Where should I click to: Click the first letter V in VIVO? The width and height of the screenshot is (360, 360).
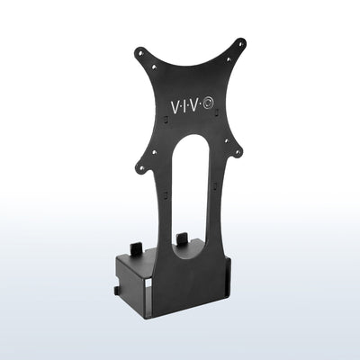pyautogui.click(x=174, y=106)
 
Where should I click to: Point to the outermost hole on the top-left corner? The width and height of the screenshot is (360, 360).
pyautogui.click(x=139, y=52)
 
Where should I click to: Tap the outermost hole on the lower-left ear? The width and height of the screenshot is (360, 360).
pyautogui.click(x=141, y=167)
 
